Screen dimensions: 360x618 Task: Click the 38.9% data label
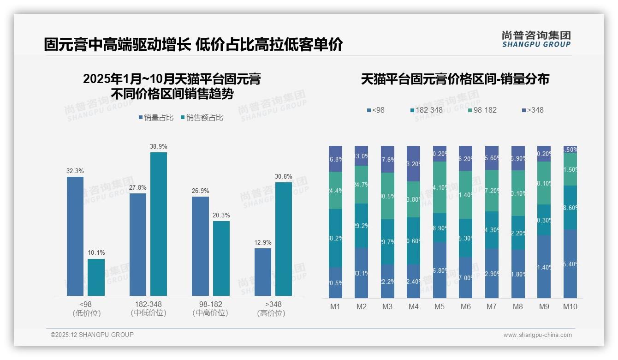coord(158,146)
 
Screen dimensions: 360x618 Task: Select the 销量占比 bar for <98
coord(75,236)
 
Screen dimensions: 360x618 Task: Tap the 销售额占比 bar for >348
coord(284,239)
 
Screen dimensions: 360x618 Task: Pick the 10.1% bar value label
coord(96,252)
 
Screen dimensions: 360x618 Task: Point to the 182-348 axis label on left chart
coord(148,304)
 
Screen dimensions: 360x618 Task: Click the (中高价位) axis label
coord(210,313)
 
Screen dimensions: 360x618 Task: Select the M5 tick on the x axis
coord(440,306)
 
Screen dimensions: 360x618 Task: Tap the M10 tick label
coord(570,306)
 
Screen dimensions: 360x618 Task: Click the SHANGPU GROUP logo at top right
coord(536,39)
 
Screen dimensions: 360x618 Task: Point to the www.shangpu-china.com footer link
coord(537,335)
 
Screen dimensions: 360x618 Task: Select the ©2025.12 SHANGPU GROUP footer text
coord(92,335)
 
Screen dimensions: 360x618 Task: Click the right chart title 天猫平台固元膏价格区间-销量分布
coord(455,79)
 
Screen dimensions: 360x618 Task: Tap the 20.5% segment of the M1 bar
coord(336,282)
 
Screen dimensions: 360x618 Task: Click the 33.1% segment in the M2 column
coord(362,273)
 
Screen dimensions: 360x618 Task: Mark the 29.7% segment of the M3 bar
coord(387,241)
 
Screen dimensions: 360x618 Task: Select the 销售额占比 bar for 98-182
coord(221,258)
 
